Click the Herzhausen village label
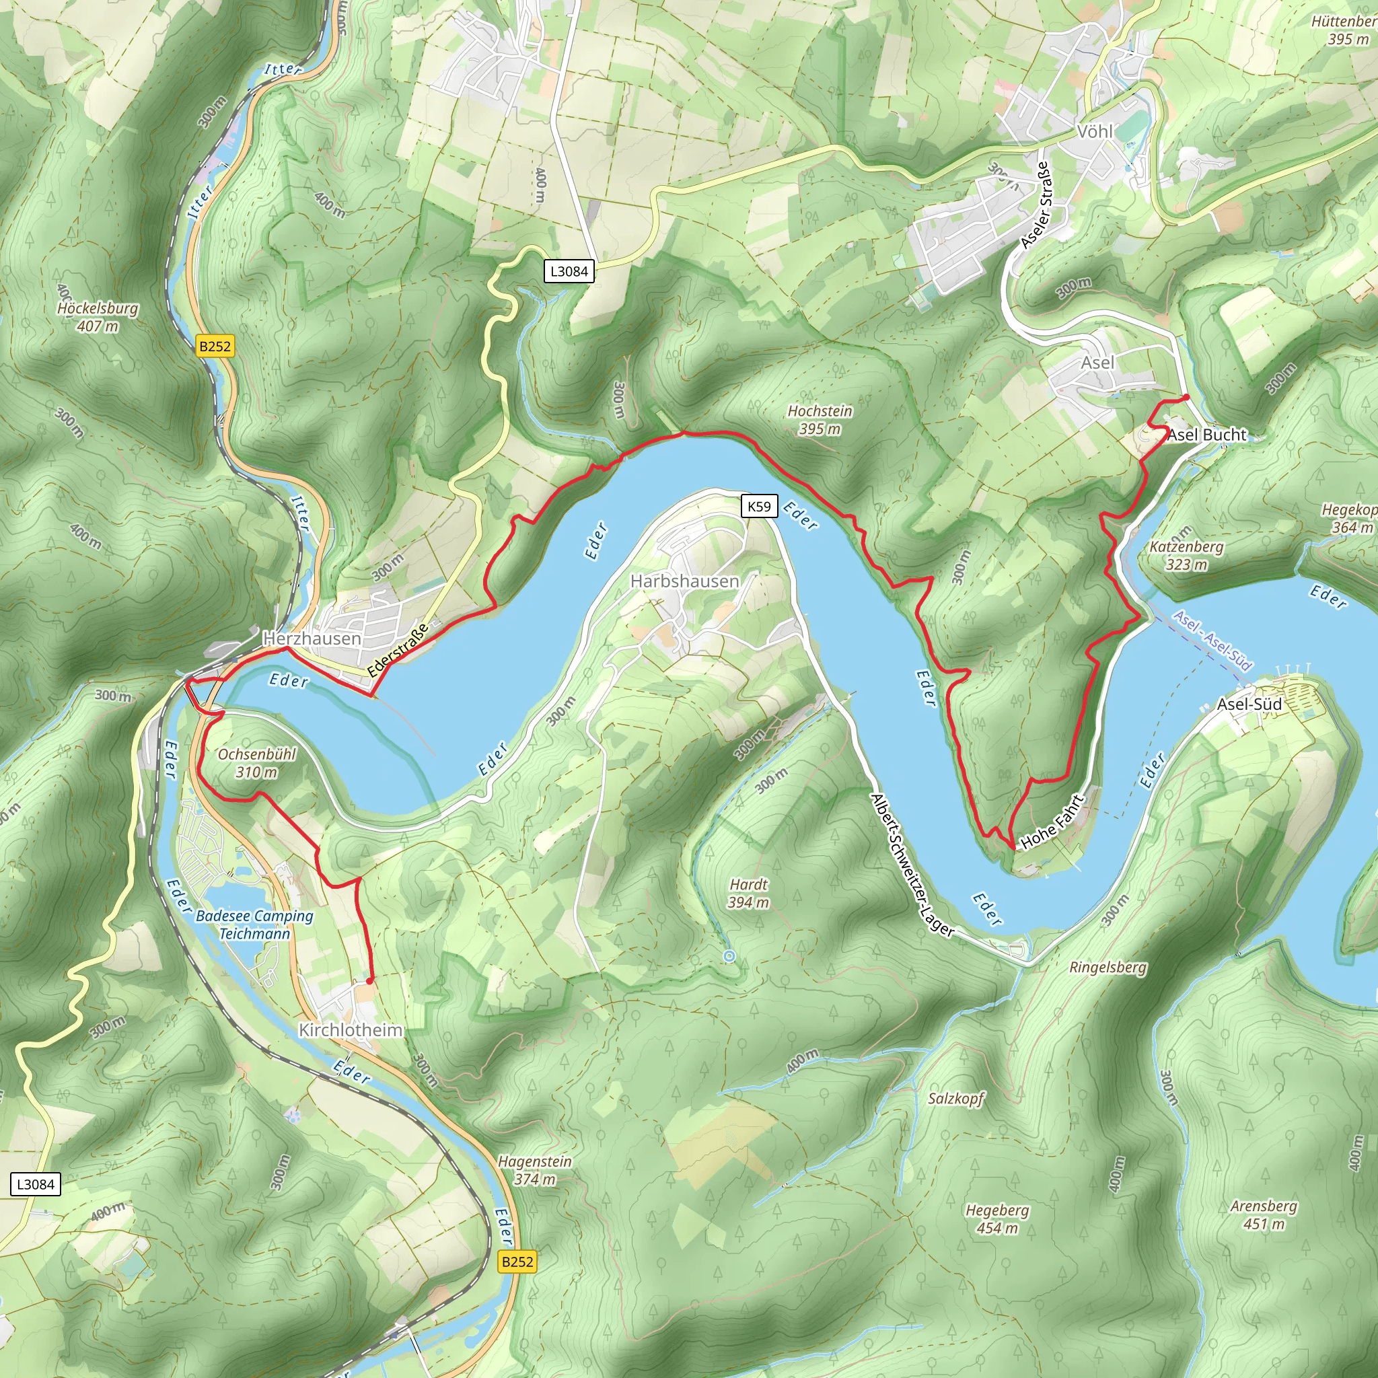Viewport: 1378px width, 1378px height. [312, 639]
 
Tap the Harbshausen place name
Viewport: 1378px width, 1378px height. [684, 581]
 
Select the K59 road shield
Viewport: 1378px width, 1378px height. [759, 507]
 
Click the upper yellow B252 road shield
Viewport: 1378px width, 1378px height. [215, 347]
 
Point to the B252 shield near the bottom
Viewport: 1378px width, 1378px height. [517, 1262]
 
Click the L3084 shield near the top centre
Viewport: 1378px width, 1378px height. [569, 271]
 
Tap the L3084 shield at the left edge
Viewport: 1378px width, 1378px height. [36, 1185]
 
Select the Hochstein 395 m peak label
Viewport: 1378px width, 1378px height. [820, 420]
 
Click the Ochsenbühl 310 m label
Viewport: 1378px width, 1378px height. [257, 762]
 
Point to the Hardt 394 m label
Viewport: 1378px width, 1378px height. [748, 893]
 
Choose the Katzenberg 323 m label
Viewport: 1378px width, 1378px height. [1186, 556]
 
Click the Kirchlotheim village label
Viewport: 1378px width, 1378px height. [350, 1030]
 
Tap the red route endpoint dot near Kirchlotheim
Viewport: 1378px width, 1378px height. [369, 982]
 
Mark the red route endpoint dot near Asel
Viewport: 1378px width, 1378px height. [1186, 397]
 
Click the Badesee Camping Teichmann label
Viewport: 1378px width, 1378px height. [254, 924]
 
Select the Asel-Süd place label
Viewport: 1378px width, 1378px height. [1249, 704]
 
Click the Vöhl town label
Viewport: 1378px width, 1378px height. [1094, 131]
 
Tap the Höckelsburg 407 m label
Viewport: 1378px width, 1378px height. [98, 318]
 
